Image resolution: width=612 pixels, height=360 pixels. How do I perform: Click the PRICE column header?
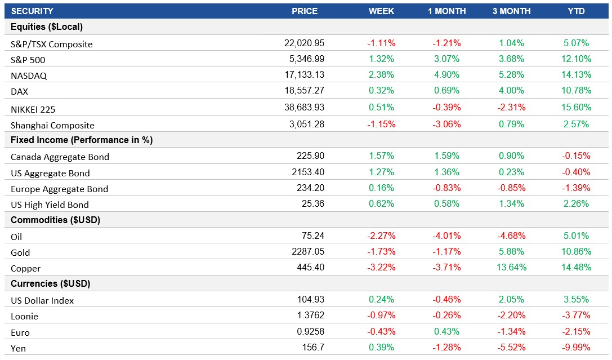[305, 11]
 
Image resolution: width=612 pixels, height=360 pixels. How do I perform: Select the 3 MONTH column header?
[511, 11]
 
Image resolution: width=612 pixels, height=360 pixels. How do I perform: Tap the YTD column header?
[576, 11]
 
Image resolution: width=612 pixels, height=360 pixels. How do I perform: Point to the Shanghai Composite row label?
[52, 125]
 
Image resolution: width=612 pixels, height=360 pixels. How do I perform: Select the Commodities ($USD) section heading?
[55, 220]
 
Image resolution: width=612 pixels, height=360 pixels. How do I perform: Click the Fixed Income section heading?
[82, 140]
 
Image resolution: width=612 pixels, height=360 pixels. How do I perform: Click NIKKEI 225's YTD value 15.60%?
[576, 107]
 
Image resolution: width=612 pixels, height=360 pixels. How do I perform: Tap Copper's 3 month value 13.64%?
[511, 268]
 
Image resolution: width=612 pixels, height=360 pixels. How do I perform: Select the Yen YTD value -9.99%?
[576, 348]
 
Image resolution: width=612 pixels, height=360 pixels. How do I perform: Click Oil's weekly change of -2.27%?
[381, 236]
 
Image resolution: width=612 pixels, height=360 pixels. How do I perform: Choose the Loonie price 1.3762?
[310, 316]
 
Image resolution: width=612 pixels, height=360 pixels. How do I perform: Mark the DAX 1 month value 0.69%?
[446, 91]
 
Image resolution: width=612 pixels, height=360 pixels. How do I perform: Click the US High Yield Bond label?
[50, 205]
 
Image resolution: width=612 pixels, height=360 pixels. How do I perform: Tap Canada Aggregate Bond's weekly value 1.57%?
[381, 156]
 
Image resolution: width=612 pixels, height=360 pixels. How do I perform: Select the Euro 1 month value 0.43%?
[446, 332]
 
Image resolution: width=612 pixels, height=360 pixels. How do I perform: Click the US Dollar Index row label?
[42, 300]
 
